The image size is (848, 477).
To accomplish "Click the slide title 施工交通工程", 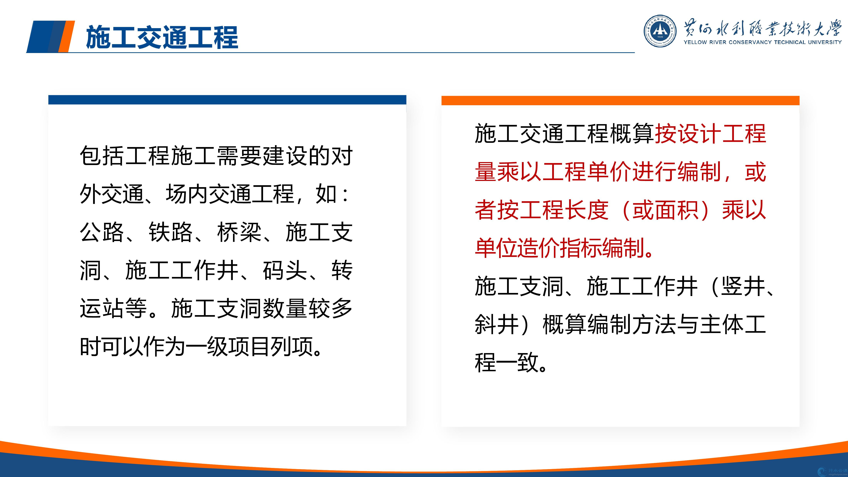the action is [x=162, y=37].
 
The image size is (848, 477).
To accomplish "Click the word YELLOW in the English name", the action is [x=695, y=42].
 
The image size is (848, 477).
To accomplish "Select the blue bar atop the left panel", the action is [x=227, y=100].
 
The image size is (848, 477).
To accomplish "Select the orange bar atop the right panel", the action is [x=620, y=100].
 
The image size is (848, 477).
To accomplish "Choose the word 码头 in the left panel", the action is [x=285, y=270].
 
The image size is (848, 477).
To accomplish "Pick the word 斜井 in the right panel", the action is [x=497, y=324].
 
